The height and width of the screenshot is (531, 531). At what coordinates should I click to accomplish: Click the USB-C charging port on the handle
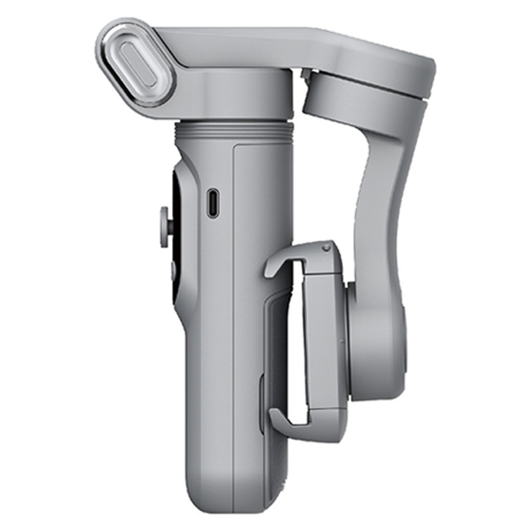(x=212, y=203)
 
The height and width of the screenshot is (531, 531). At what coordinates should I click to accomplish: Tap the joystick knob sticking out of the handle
(x=164, y=221)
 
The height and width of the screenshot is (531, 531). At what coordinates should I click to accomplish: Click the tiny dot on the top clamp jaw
(x=325, y=248)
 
